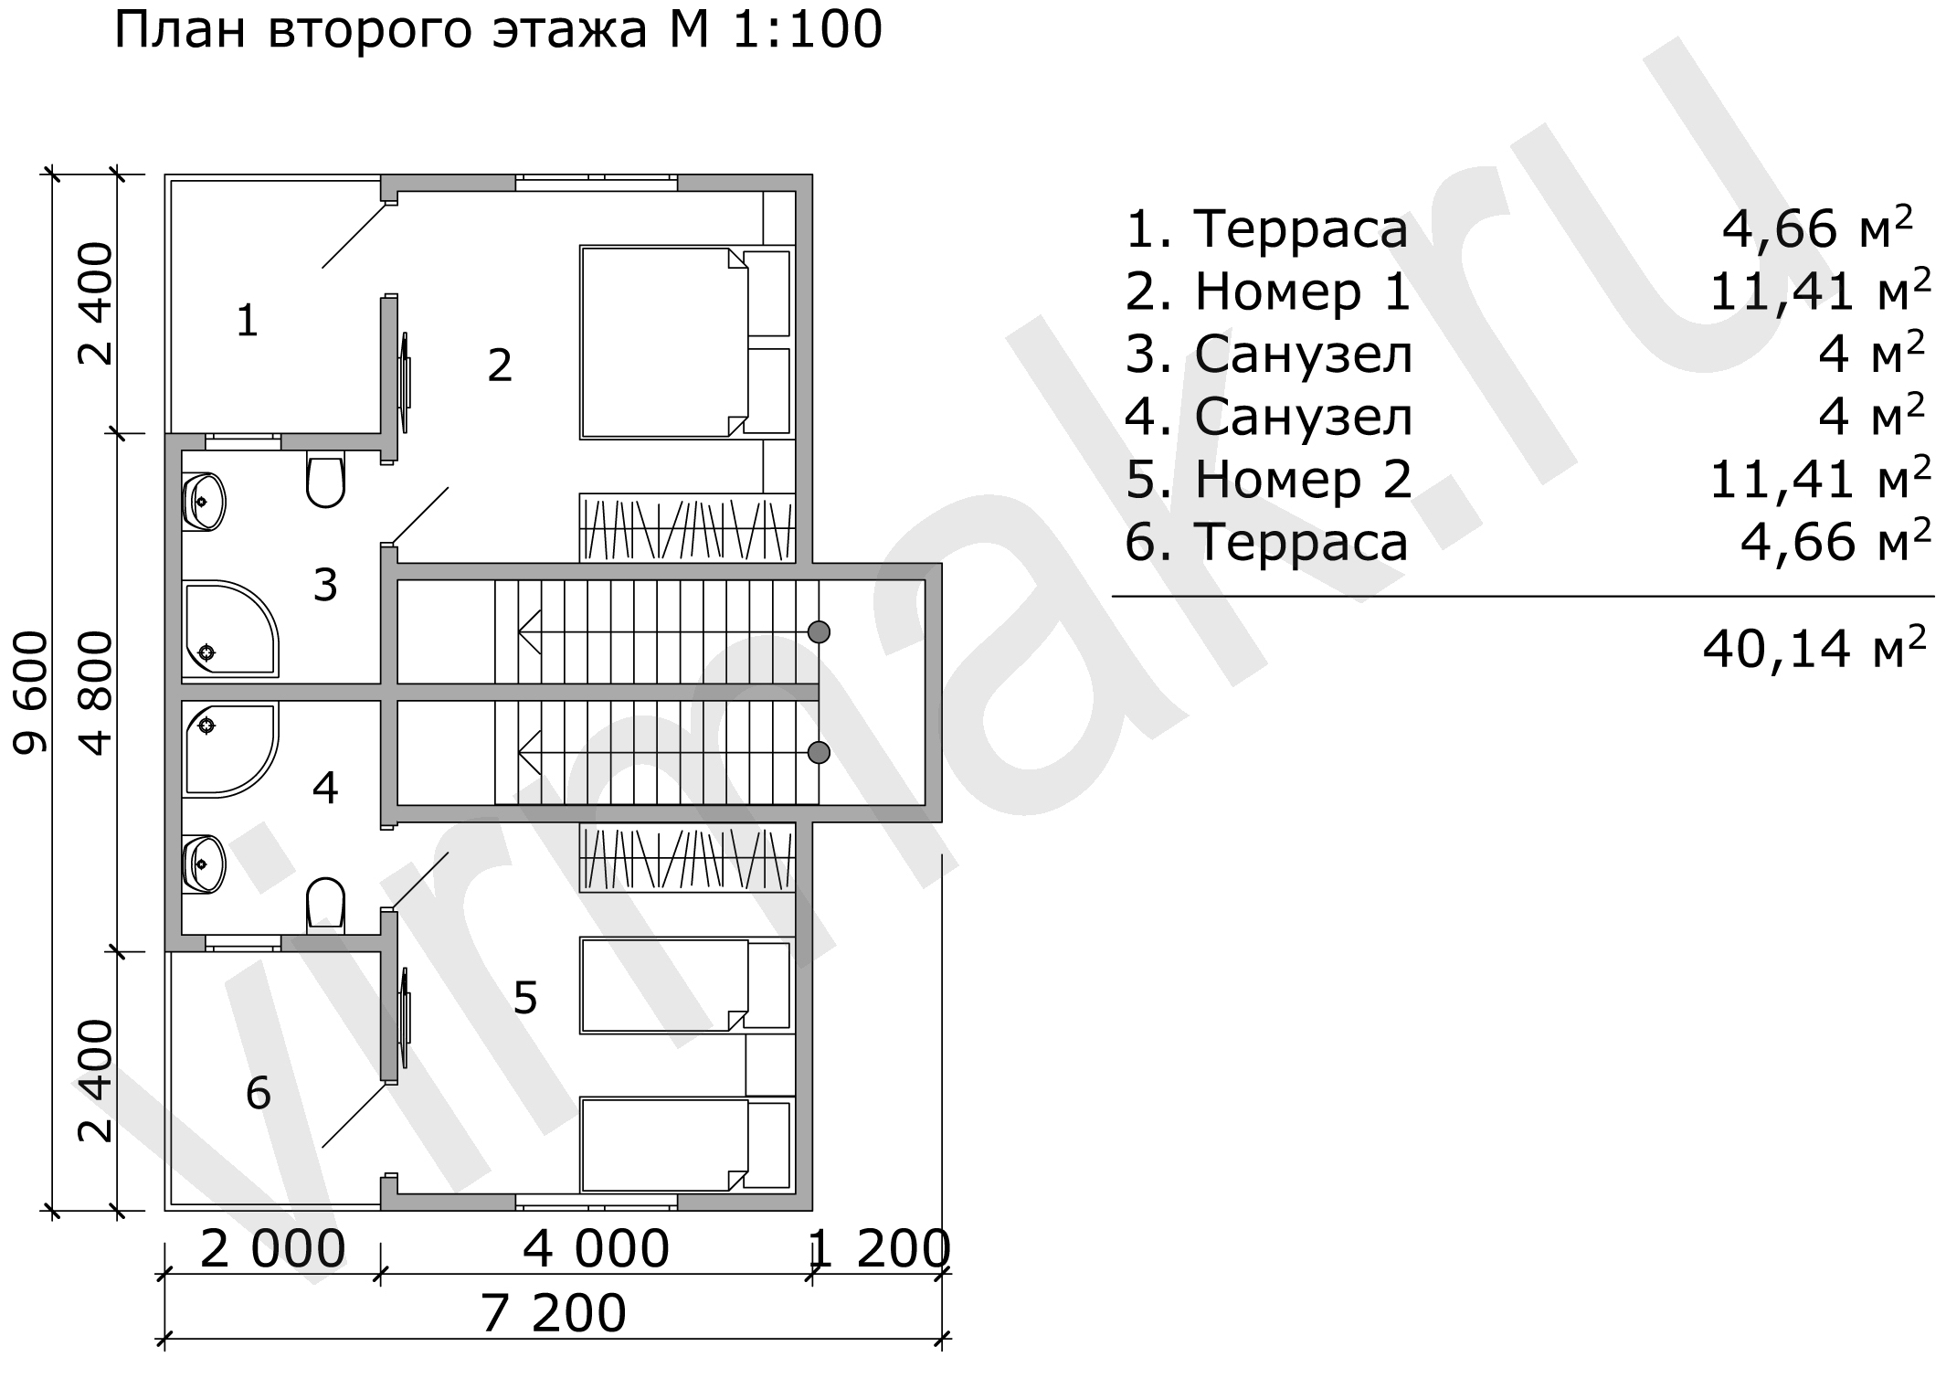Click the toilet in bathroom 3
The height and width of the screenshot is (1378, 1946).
325,479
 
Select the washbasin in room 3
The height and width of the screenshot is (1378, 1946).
203,502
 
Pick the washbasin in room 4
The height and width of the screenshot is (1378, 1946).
203,864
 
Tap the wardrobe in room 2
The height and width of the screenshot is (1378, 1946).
687,528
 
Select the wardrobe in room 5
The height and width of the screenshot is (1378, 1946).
687,858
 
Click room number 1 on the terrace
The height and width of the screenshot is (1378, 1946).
247,321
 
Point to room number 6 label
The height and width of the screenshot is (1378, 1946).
259,1093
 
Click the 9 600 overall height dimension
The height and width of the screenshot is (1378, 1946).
31,693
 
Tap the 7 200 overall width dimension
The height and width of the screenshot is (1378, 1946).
553,1313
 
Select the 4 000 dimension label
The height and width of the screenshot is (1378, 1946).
596,1249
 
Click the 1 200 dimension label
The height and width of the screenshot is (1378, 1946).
880,1249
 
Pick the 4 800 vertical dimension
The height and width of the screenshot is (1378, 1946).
96,693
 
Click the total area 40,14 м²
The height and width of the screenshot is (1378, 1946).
1814,649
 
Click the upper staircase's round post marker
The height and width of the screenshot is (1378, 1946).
819,631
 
